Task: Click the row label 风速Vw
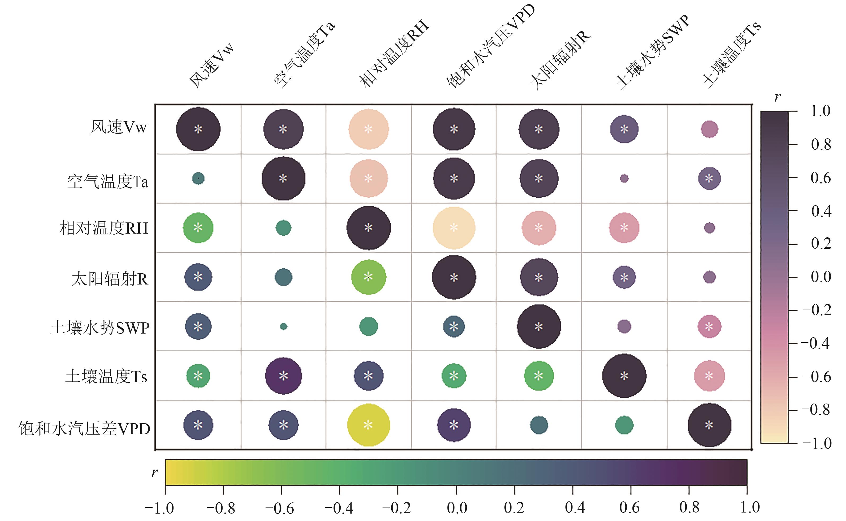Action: pyautogui.click(x=118, y=128)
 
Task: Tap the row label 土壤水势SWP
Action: pyautogui.click(x=100, y=328)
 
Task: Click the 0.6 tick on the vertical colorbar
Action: pyautogui.click(x=821, y=178)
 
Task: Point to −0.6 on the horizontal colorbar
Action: pyautogui.click(x=279, y=508)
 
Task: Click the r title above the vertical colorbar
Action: pyautogui.click(x=777, y=98)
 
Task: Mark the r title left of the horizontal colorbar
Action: pyautogui.click(x=154, y=473)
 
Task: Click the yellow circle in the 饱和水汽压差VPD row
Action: pyautogui.click(x=368, y=425)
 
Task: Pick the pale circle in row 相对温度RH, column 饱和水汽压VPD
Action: pyautogui.click(x=454, y=228)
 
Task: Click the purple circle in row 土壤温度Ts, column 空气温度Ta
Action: pyautogui.click(x=283, y=376)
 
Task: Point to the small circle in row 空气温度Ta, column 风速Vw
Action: pyautogui.click(x=198, y=178)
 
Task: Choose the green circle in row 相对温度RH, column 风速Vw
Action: pyautogui.click(x=198, y=228)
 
